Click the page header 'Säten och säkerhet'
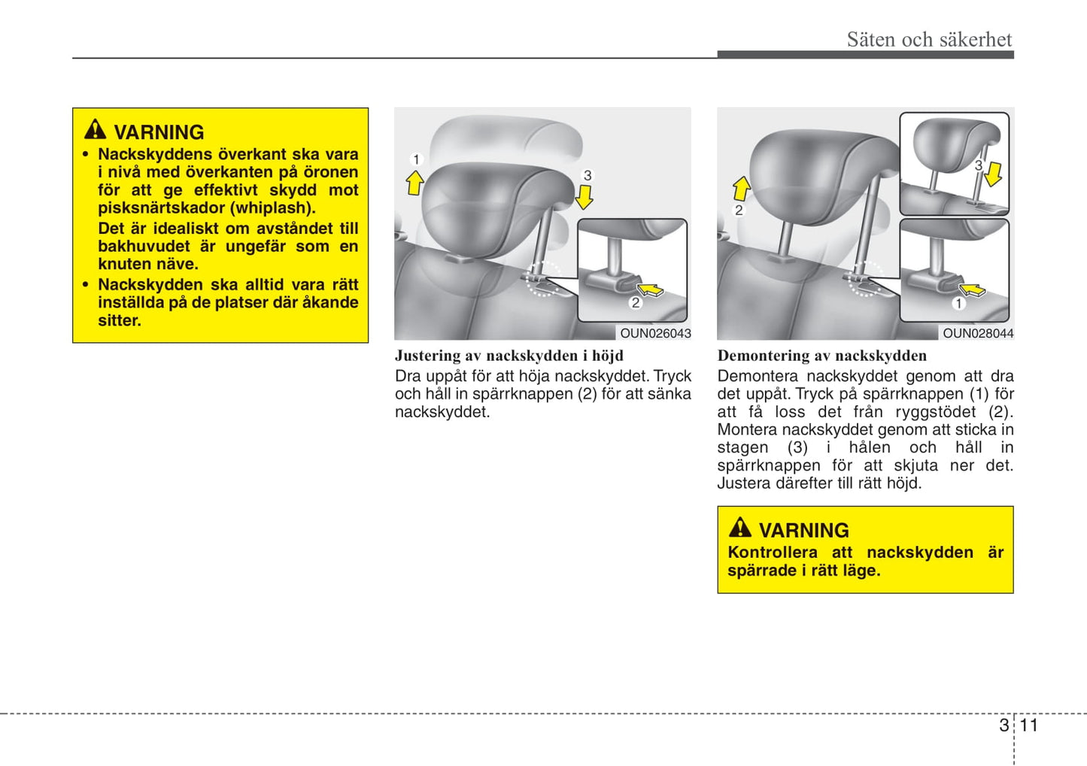coord(929,39)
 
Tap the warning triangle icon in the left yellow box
coord(95,129)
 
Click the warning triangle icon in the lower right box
coord(739,527)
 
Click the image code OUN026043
coord(654,333)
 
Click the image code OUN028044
coord(977,333)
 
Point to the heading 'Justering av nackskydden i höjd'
coord(509,356)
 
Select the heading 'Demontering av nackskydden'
coord(821,356)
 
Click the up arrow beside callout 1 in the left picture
coord(414,183)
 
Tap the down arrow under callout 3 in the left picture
coord(584,197)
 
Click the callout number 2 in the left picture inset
coord(636,303)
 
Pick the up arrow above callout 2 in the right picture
coord(741,188)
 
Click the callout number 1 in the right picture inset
coord(958,304)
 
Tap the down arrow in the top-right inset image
coord(993,174)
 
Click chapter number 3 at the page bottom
coord(1004,725)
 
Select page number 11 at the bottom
coord(1028,725)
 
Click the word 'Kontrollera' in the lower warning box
coord(772,553)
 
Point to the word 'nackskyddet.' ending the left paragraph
coord(442,412)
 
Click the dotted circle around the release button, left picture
coord(542,279)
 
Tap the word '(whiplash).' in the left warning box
coord(275,208)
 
